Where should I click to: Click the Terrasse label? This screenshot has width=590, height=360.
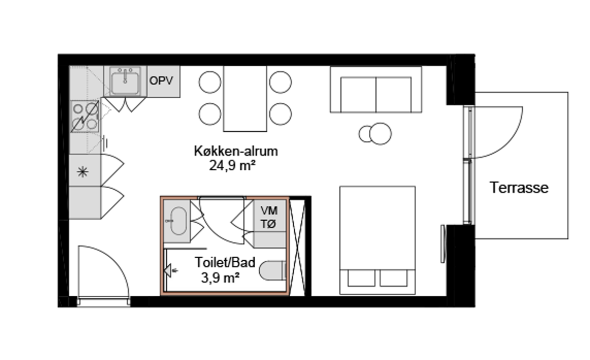click(519, 188)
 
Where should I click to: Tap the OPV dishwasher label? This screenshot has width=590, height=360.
click(161, 81)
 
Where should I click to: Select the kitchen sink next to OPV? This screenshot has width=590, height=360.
click(125, 81)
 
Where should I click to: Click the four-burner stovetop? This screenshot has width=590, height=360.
click(84, 116)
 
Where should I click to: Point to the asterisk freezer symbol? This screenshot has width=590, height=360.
click(82, 172)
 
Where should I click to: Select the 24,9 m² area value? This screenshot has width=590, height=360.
click(233, 166)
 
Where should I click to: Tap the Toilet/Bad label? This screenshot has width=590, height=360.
click(225, 263)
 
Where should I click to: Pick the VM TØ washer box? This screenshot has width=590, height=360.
click(269, 217)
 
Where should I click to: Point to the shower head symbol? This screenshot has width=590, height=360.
click(169, 269)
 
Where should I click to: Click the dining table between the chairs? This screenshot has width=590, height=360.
click(245, 99)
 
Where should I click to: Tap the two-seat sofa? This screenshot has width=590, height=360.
click(376, 91)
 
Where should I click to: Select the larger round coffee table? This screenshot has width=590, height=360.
click(381, 134)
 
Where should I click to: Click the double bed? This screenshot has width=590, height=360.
click(377, 240)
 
